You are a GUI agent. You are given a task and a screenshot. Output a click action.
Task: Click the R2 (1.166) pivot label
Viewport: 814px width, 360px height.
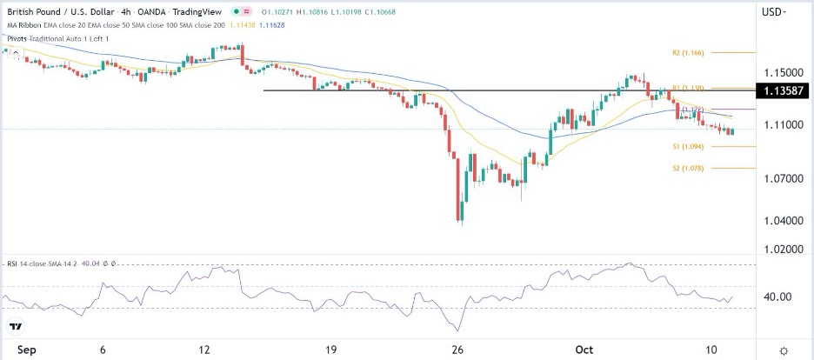point(687,52)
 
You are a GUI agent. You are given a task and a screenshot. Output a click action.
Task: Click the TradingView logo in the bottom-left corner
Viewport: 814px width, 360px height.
point(17,327)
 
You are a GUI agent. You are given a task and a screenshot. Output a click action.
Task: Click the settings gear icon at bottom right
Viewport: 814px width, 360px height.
point(784,350)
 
